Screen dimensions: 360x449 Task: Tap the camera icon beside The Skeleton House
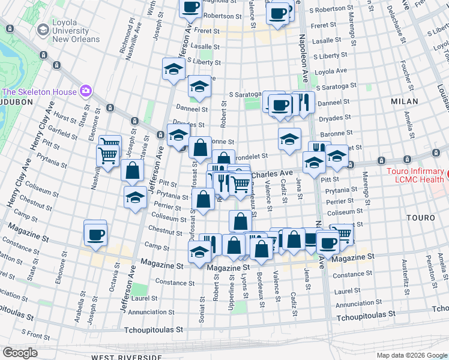[86, 91]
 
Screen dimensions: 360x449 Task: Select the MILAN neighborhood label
[404, 101]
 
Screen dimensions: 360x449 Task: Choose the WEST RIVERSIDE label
[126, 357]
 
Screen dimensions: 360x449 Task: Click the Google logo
[20, 353]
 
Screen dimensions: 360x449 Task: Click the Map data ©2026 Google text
[412, 355]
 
